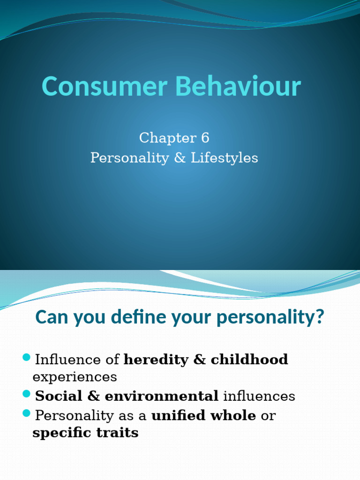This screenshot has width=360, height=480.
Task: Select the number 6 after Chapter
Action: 204,138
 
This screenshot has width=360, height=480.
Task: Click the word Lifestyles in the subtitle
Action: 225,158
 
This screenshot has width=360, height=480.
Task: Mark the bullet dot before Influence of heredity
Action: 26,359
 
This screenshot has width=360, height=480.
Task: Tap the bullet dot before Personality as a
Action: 26,414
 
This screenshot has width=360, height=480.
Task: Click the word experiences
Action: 75,377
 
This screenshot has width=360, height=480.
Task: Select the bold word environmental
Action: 162,396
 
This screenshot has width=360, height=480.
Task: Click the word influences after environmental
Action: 259,396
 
